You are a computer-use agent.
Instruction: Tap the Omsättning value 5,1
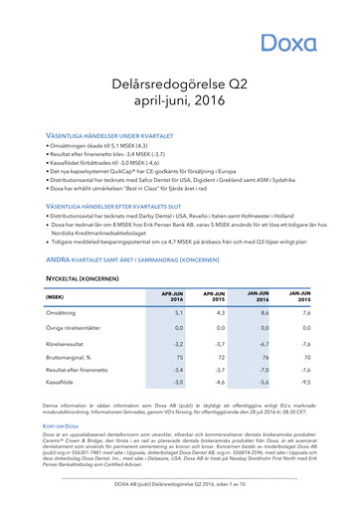(178, 313)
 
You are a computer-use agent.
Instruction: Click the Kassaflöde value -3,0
(178, 381)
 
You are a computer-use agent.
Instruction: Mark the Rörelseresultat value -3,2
(178, 343)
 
